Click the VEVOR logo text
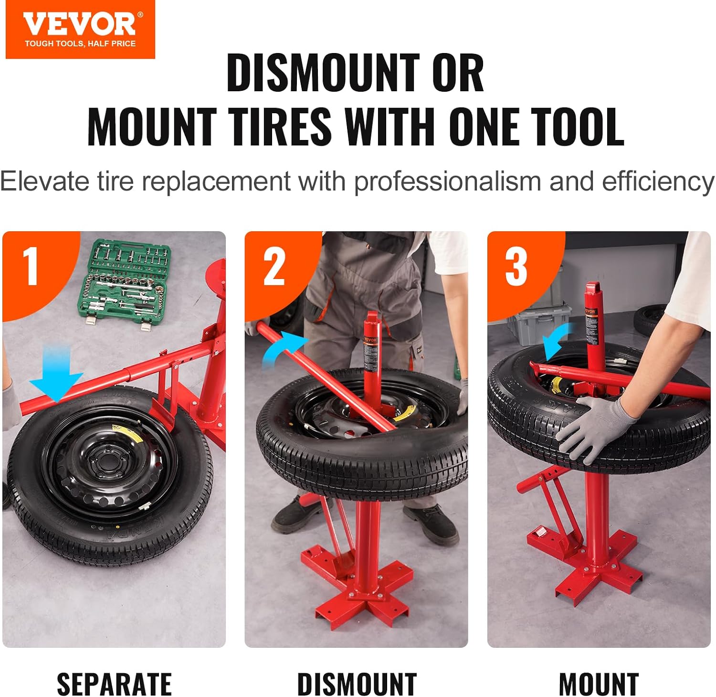point(79,24)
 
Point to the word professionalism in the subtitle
point(447,182)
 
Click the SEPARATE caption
point(114,684)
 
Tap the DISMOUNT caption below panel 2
point(357,684)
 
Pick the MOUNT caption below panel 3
point(599,684)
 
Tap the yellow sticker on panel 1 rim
point(117,429)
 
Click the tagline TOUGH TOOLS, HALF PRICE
point(80,43)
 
